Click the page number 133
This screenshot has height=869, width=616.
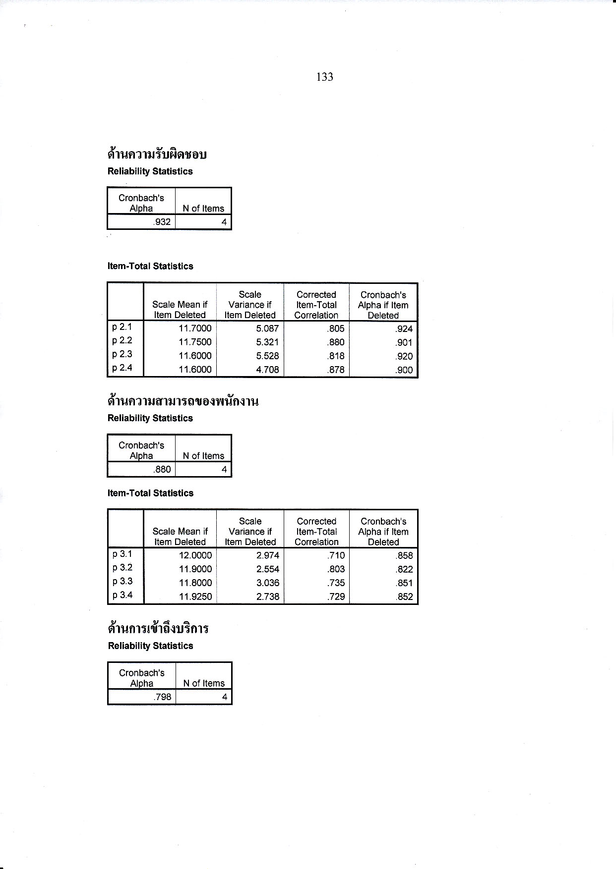pos(324,77)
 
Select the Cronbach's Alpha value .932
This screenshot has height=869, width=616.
pos(162,222)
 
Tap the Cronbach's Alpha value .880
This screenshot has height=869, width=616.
pos(162,469)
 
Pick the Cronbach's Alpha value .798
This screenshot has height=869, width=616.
pos(163,697)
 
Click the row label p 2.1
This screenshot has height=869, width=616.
pos(122,327)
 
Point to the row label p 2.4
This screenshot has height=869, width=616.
pos(122,368)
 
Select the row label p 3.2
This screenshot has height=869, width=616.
pos(123,568)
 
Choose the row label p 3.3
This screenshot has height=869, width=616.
pos(123,582)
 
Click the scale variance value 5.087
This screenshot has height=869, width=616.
pos(267,328)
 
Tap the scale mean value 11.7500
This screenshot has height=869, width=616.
pos(195,342)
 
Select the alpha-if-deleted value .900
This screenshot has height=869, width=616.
pos(404,370)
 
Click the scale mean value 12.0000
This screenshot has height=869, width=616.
pos(195,555)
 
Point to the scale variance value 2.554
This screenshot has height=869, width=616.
pos(268,569)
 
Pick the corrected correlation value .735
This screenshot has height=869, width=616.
pos(336,583)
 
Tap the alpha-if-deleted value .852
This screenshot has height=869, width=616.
pos(404,597)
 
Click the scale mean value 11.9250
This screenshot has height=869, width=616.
pos(195,597)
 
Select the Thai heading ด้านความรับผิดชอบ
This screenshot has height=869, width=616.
pos(157,155)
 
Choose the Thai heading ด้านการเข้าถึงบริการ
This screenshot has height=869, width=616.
pos(158,629)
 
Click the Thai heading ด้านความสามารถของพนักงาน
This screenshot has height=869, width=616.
pos(183,401)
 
